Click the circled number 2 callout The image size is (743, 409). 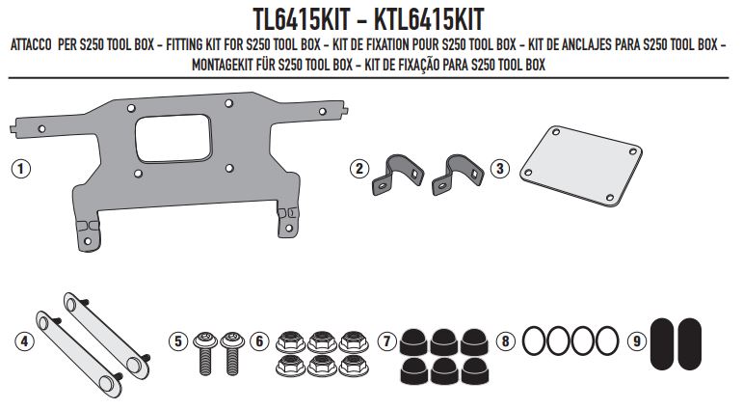(359, 169)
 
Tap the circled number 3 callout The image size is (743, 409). (498, 168)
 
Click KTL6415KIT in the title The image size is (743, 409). (448, 18)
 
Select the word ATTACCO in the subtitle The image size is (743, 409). (35, 45)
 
